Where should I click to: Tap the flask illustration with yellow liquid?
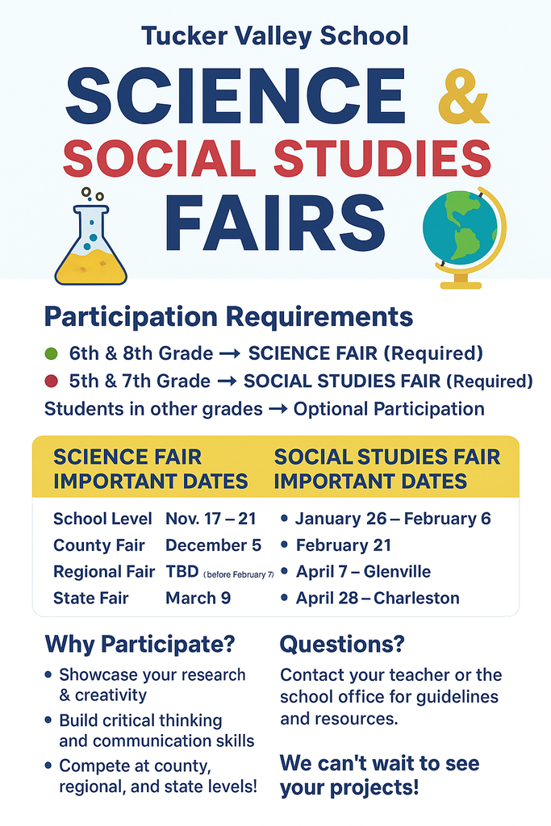(x=90, y=242)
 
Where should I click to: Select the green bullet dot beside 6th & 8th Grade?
(x=52, y=353)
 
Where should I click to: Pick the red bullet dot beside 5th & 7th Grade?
(x=52, y=381)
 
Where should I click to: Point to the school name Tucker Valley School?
(x=274, y=35)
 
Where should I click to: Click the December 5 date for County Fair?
(x=213, y=545)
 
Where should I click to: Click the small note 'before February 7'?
(x=239, y=574)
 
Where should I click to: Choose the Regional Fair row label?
(x=103, y=572)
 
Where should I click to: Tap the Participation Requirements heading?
(x=228, y=316)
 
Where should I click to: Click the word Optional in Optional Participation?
(x=328, y=409)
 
